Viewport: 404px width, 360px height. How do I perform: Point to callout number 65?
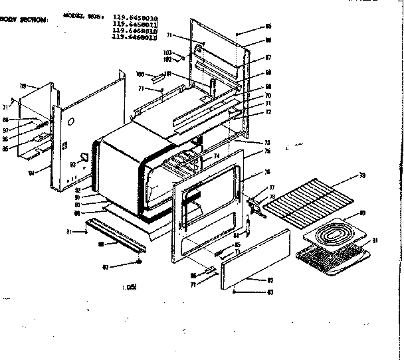[268, 27]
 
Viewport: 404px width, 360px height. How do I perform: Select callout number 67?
[268, 58]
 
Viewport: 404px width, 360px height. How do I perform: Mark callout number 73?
[266, 143]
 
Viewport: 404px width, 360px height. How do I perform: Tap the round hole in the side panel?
[71, 122]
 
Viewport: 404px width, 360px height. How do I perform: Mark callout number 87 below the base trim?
[104, 267]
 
